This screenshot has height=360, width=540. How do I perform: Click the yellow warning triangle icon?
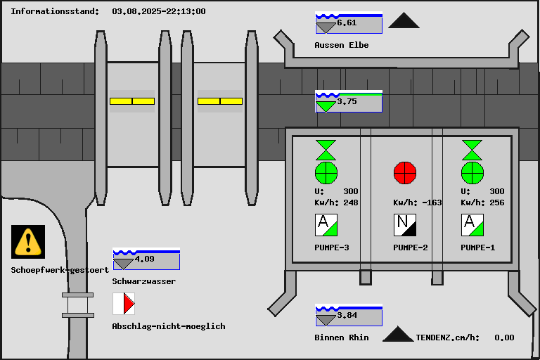28,241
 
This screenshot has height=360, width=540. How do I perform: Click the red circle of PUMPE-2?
405,172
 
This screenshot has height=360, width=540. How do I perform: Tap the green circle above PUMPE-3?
326,172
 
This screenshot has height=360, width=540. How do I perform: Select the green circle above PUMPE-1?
472,172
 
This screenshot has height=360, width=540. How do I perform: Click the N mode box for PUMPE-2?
405,225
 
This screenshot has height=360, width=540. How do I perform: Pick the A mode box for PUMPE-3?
326,225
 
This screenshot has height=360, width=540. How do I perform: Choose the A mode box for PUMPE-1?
472,225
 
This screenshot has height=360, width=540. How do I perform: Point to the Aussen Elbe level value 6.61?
347,22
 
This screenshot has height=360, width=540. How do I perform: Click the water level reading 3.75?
347,101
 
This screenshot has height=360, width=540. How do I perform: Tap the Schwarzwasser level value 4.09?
144,259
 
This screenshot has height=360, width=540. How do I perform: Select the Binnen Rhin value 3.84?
347,315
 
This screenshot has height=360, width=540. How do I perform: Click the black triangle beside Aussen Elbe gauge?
404,21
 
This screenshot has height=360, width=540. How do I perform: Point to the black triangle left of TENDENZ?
398,334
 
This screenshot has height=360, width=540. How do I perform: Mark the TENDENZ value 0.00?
504,337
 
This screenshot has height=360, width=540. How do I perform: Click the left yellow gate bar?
132,101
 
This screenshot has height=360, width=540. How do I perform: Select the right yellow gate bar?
220,101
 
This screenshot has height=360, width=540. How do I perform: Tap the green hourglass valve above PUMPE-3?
326,150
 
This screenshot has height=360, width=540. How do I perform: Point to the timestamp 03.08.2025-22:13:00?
159,11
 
